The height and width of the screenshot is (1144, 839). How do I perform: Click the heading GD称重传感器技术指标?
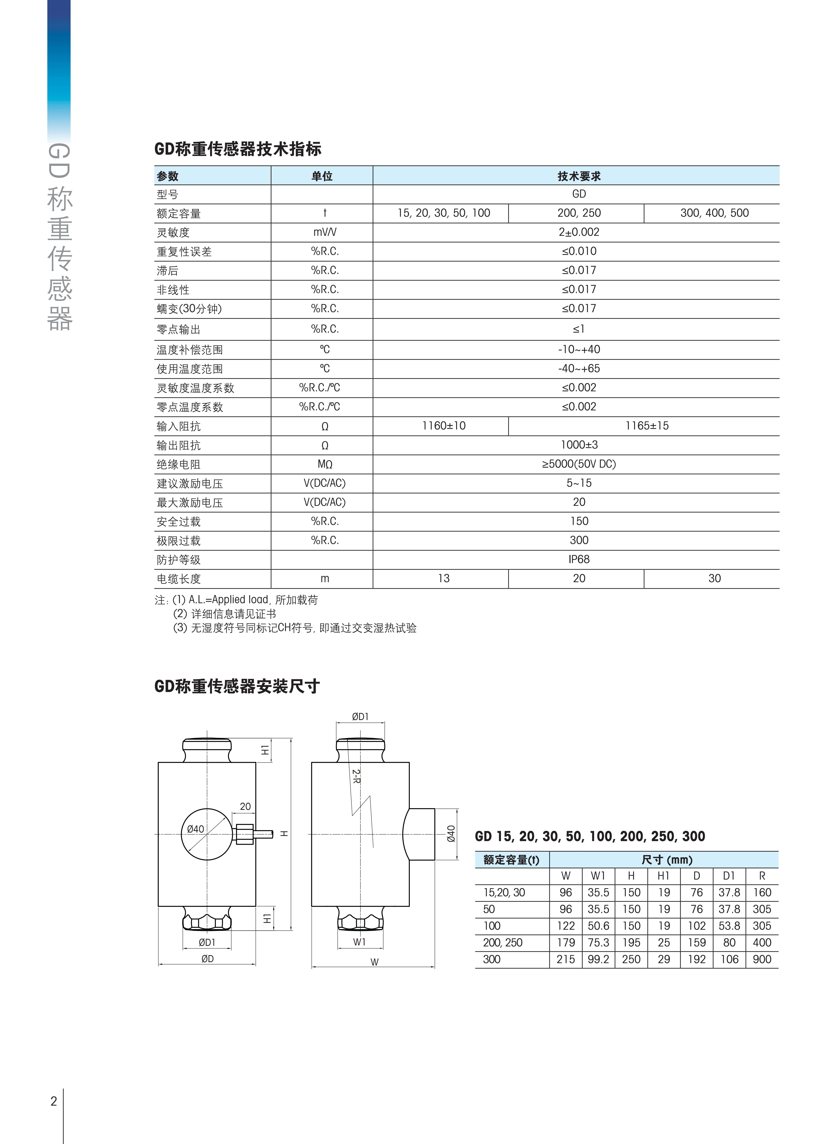click(x=238, y=149)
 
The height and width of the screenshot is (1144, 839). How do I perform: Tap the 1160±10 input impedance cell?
click(x=443, y=426)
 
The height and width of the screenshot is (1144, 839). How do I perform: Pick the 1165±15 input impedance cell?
click(x=647, y=426)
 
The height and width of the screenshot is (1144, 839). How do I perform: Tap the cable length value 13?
click(x=443, y=579)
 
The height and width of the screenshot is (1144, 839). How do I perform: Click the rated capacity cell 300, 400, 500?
click(x=714, y=213)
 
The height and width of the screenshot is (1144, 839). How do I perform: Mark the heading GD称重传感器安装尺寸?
click(x=237, y=686)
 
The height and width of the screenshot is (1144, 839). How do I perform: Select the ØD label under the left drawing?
click(x=207, y=959)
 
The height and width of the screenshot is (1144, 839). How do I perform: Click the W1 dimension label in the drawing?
click(x=360, y=942)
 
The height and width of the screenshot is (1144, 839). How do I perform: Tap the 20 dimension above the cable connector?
click(x=245, y=806)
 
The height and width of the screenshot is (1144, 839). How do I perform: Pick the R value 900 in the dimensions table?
click(x=762, y=959)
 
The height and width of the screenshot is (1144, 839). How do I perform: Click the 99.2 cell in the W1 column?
click(x=598, y=959)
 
